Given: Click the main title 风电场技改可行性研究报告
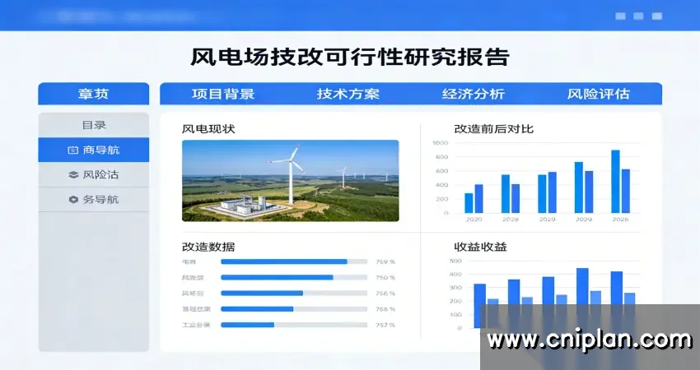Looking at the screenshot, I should pyautogui.click(x=349, y=57).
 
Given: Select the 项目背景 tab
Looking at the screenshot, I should pyautogui.click(x=223, y=94).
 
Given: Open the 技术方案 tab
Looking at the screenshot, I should pyautogui.click(x=348, y=94).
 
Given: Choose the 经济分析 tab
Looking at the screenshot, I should pyautogui.click(x=474, y=94).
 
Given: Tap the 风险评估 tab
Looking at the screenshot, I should pyautogui.click(x=599, y=94).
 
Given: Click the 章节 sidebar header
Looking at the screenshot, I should pyautogui.click(x=93, y=94).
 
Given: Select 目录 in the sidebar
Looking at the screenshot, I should pyautogui.click(x=93, y=125).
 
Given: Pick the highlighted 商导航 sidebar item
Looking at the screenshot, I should pyautogui.click(x=93, y=150).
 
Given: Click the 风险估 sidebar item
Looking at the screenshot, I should pyautogui.click(x=93, y=174).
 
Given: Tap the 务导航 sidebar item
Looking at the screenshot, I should pyautogui.click(x=93, y=199).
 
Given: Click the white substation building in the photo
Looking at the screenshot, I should pyautogui.click(x=238, y=206).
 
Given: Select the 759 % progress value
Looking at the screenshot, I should pyautogui.click(x=385, y=261).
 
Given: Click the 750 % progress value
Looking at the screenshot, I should pyautogui.click(x=385, y=277).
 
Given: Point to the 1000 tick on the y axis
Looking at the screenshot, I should pyautogui.click(x=440, y=143).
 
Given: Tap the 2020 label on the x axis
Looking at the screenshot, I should pyautogui.click(x=474, y=220).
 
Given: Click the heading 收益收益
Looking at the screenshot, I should pyautogui.click(x=482, y=247).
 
